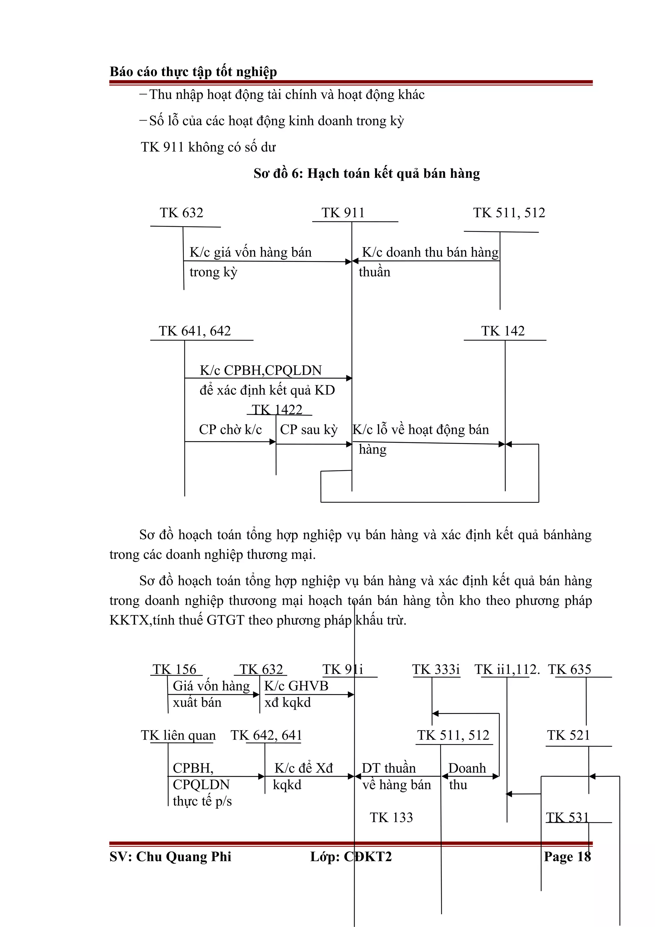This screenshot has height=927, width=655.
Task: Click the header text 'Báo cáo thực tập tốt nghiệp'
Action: coord(193,72)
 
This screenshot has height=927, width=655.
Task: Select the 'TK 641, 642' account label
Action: coord(194,331)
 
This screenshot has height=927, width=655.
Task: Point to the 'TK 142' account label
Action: coord(502,331)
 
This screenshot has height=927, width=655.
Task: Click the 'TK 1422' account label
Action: coord(277,410)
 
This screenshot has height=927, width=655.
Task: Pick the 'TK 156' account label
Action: coord(174,669)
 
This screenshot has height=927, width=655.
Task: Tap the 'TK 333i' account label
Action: coord(436,669)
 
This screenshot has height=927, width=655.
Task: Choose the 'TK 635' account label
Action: coord(569,669)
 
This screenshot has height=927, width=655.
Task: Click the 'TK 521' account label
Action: coord(568,735)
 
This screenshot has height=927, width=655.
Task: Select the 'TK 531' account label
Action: coord(567,818)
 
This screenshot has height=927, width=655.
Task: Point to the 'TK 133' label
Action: coord(391,818)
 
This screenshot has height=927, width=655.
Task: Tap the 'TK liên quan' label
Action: coord(178,735)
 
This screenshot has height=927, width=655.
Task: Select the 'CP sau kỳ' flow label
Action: coord(309,430)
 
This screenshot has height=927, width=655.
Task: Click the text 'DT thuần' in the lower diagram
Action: coord(389,768)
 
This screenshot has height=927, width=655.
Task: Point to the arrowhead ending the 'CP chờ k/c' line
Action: coord(273,442)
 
